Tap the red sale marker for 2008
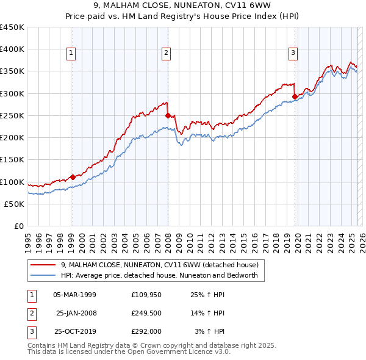(168, 115)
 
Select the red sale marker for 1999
(73, 177)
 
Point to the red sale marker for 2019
(295, 96)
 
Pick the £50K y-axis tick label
(15, 204)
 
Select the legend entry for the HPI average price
(159, 275)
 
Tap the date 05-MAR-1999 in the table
(74, 295)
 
